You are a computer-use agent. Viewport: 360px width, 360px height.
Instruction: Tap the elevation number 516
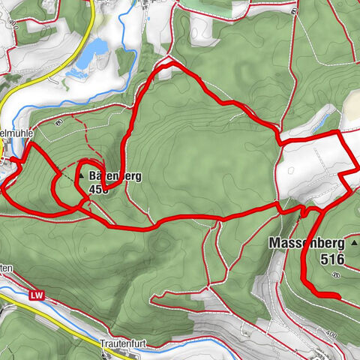tap(330, 259)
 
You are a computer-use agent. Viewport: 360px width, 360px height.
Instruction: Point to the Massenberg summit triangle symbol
tap(354, 243)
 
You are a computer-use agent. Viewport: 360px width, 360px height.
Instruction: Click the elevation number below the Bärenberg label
tap(98, 190)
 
